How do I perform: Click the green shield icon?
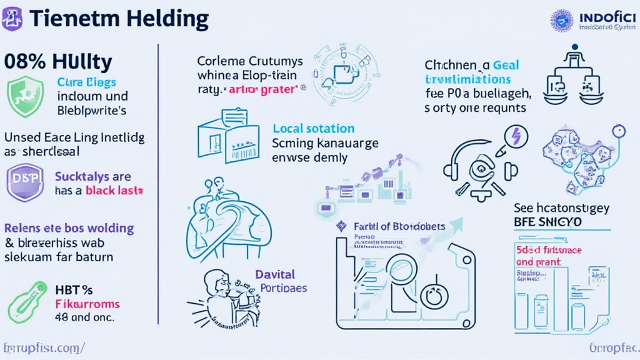coord(24,97)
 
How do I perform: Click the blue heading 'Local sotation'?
coord(313,129)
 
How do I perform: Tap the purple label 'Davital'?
coord(275,274)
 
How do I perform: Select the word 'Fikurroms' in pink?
coord(87,304)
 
